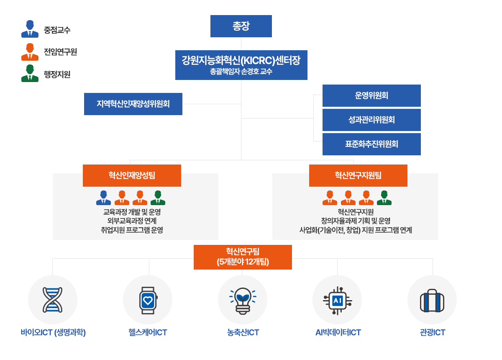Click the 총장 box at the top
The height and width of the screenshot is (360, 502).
point(241,26)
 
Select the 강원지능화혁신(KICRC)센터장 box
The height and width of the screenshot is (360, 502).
point(241,65)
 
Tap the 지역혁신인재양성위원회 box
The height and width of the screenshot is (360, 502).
point(133,104)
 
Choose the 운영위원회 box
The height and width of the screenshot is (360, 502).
point(371,95)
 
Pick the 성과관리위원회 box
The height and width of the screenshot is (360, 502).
point(371,120)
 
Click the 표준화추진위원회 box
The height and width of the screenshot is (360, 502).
point(371,144)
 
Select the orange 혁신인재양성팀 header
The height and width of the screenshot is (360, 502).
point(132,175)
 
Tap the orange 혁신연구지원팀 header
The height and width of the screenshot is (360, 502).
point(358,175)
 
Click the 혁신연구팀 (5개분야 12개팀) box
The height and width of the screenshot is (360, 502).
point(243,257)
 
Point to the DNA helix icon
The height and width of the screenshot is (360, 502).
point(52,300)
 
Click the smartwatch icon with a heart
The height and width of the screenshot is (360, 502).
point(148,300)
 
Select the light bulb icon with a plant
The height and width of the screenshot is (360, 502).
point(243,301)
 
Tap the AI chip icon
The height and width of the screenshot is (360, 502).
point(338,301)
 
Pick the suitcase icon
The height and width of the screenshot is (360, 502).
point(432,301)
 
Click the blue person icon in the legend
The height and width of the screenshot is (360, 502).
point(30,29)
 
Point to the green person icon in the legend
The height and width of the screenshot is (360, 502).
point(30,73)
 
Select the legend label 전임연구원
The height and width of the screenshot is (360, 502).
point(60,52)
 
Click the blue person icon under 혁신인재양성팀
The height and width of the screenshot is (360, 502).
point(104,198)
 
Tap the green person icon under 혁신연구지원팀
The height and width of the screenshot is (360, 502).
point(384,198)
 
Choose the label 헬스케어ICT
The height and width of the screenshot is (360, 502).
point(148,332)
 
